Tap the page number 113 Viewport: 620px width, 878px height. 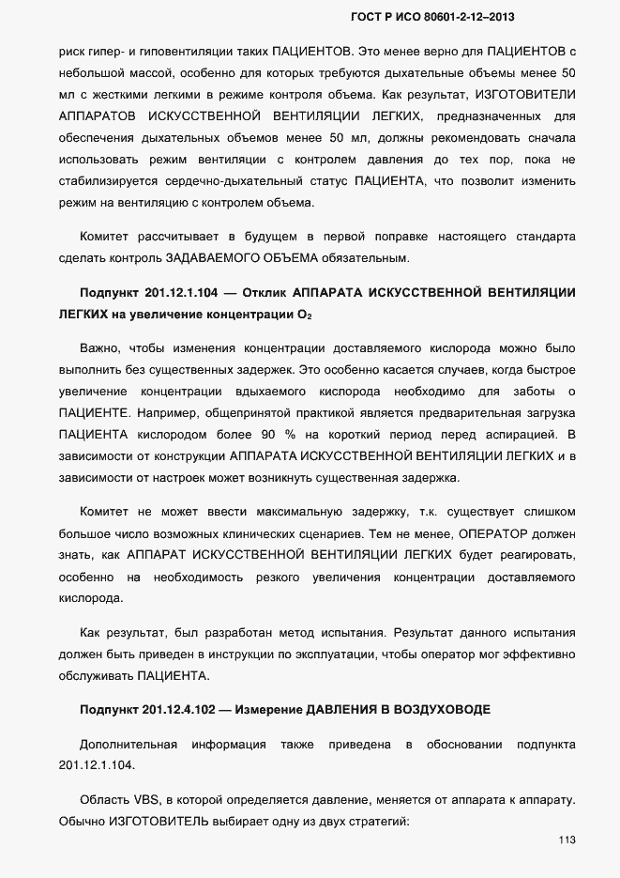tap(566, 839)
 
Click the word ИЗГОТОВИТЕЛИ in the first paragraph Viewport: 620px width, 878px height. tap(526, 96)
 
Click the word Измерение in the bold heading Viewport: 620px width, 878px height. tap(275, 710)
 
